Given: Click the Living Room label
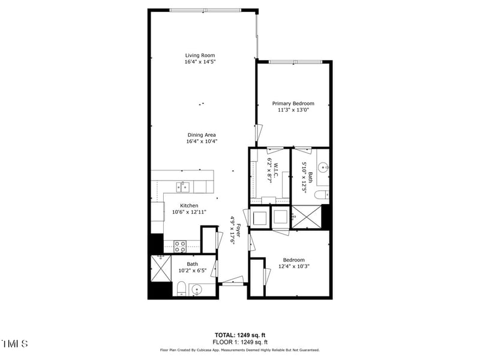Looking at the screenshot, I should click(x=200, y=55).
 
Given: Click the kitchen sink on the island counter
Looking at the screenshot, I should click(x=183, y=187).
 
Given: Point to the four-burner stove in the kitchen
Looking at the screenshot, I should click(x=180, y=246).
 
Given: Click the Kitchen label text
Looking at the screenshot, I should click(x=185, y=205).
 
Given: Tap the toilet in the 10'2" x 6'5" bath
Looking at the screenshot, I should click(x=181, y=289).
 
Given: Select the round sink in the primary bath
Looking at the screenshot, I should click(x=323, y=167).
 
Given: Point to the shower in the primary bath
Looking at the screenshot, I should click(x=306, y=217).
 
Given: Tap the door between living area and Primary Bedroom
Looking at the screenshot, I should click(x=258, y=133).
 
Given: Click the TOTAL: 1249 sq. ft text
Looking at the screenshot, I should click(x=240, y=335).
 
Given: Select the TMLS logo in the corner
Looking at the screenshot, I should click(x=14, y=344).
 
